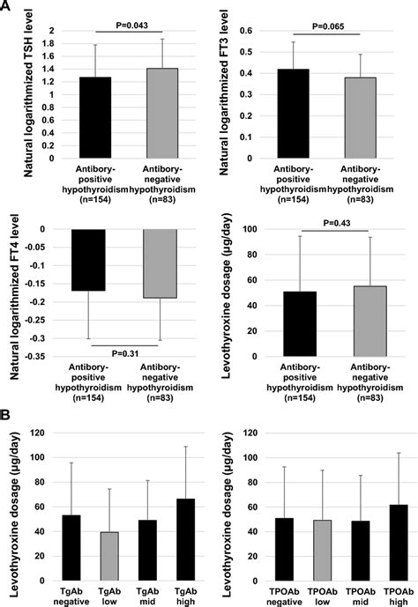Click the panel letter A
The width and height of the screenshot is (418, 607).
coord(7,7)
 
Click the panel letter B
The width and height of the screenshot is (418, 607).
coord(7,411)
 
